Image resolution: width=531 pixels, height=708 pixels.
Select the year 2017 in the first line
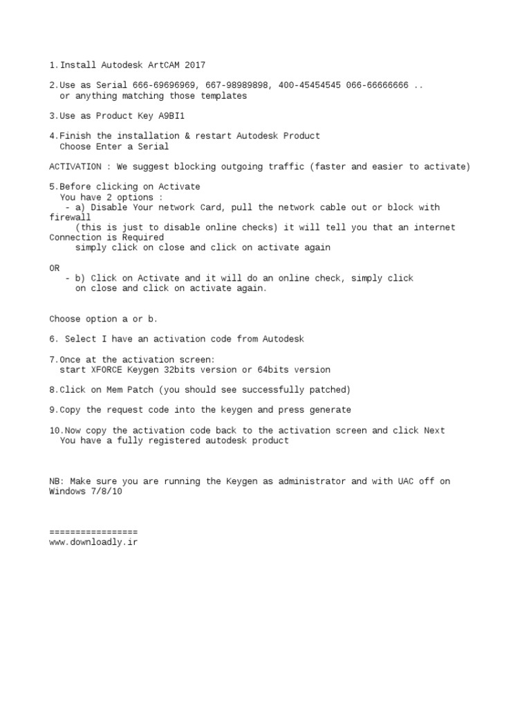pos(195,65)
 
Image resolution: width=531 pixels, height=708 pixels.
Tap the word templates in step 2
pos(223,95)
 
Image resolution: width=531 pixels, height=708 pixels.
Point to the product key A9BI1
pos(171,115)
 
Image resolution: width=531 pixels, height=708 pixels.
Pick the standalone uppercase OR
pos(55,268)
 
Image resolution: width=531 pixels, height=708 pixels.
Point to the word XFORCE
pos(106,369)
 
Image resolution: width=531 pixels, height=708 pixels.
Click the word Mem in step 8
pos(135,390)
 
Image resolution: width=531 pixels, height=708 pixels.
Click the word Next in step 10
pos(434,430)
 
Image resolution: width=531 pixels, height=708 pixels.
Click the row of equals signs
pos(93,532)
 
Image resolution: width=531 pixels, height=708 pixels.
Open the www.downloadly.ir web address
pos(93,542)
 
